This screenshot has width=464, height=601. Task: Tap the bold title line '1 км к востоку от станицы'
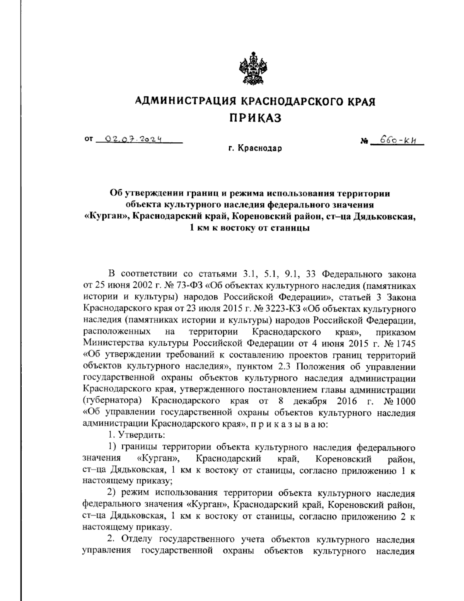pos(249,228)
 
